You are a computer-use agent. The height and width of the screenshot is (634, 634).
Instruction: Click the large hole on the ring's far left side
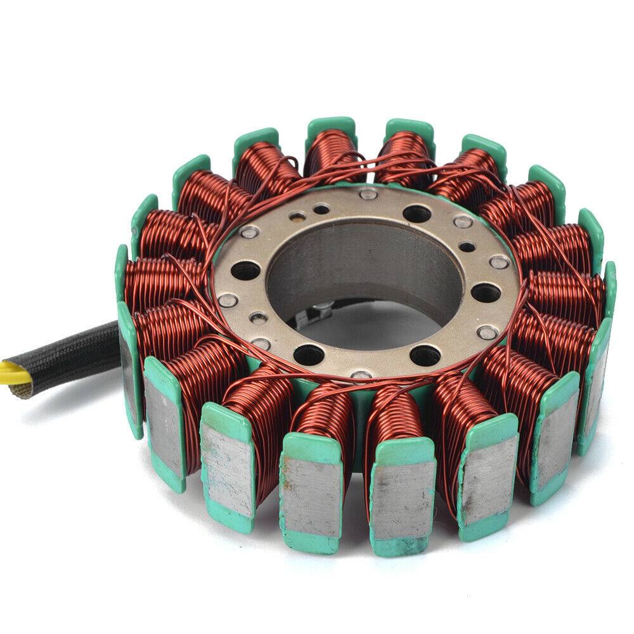(246, 271)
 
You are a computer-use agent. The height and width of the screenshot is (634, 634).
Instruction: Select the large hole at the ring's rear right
(415, 214)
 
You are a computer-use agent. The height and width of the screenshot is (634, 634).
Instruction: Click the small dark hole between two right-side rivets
(468, 247)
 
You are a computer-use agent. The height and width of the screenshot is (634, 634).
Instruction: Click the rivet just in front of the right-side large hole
(486, 330)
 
